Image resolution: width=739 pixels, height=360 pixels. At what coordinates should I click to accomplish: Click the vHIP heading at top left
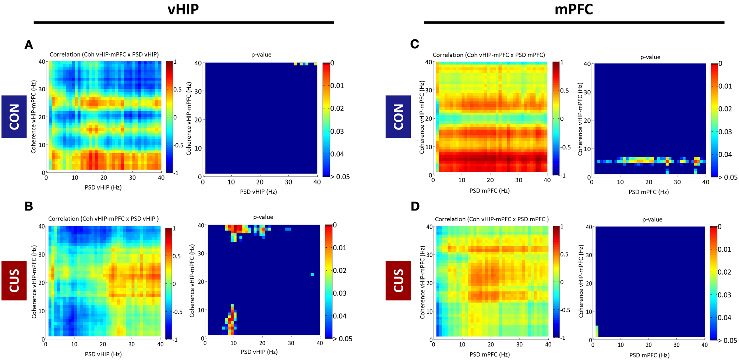[x=183, y=9]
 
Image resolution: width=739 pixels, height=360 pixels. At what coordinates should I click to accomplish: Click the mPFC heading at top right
[x=574, y=9]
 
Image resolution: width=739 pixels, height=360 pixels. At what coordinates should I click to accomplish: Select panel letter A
[x=29, y=45]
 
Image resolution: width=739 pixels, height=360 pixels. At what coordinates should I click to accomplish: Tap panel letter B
[x=29, y=206]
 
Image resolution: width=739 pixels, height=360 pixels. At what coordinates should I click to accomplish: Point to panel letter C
[x=414, y=44]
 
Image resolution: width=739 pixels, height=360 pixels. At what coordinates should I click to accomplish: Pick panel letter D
[x=415, y=206]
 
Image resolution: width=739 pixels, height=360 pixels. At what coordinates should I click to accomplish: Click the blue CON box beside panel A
[x=14, y=117]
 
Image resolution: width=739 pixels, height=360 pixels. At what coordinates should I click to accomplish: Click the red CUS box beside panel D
[x=398, y=280]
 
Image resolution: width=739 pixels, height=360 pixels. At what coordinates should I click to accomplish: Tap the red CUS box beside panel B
[x=14, y=280]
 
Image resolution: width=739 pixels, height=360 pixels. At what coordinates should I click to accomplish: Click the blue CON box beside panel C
[x=398, y=117]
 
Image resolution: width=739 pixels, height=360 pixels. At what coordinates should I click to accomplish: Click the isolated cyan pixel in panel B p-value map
[x=312, y=274]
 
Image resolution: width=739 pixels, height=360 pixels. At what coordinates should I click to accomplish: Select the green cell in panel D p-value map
[x=597, y=331]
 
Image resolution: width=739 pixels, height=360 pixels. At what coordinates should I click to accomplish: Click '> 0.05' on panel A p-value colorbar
[x=340, y=177]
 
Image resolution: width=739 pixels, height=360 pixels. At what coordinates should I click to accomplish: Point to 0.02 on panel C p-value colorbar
[x=725, y=109]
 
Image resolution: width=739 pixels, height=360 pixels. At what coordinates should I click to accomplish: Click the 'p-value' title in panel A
[x=261, y=54]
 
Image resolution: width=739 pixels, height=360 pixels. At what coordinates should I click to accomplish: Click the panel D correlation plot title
[x=491, y=219]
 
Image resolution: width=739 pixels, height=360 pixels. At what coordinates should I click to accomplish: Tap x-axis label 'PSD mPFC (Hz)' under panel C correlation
[x=489, y=191]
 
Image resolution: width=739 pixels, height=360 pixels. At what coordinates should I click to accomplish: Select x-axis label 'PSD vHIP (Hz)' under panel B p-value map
[x=259, y=352]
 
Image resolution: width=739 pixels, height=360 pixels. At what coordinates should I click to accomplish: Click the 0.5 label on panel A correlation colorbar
[x=177, y=89]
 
